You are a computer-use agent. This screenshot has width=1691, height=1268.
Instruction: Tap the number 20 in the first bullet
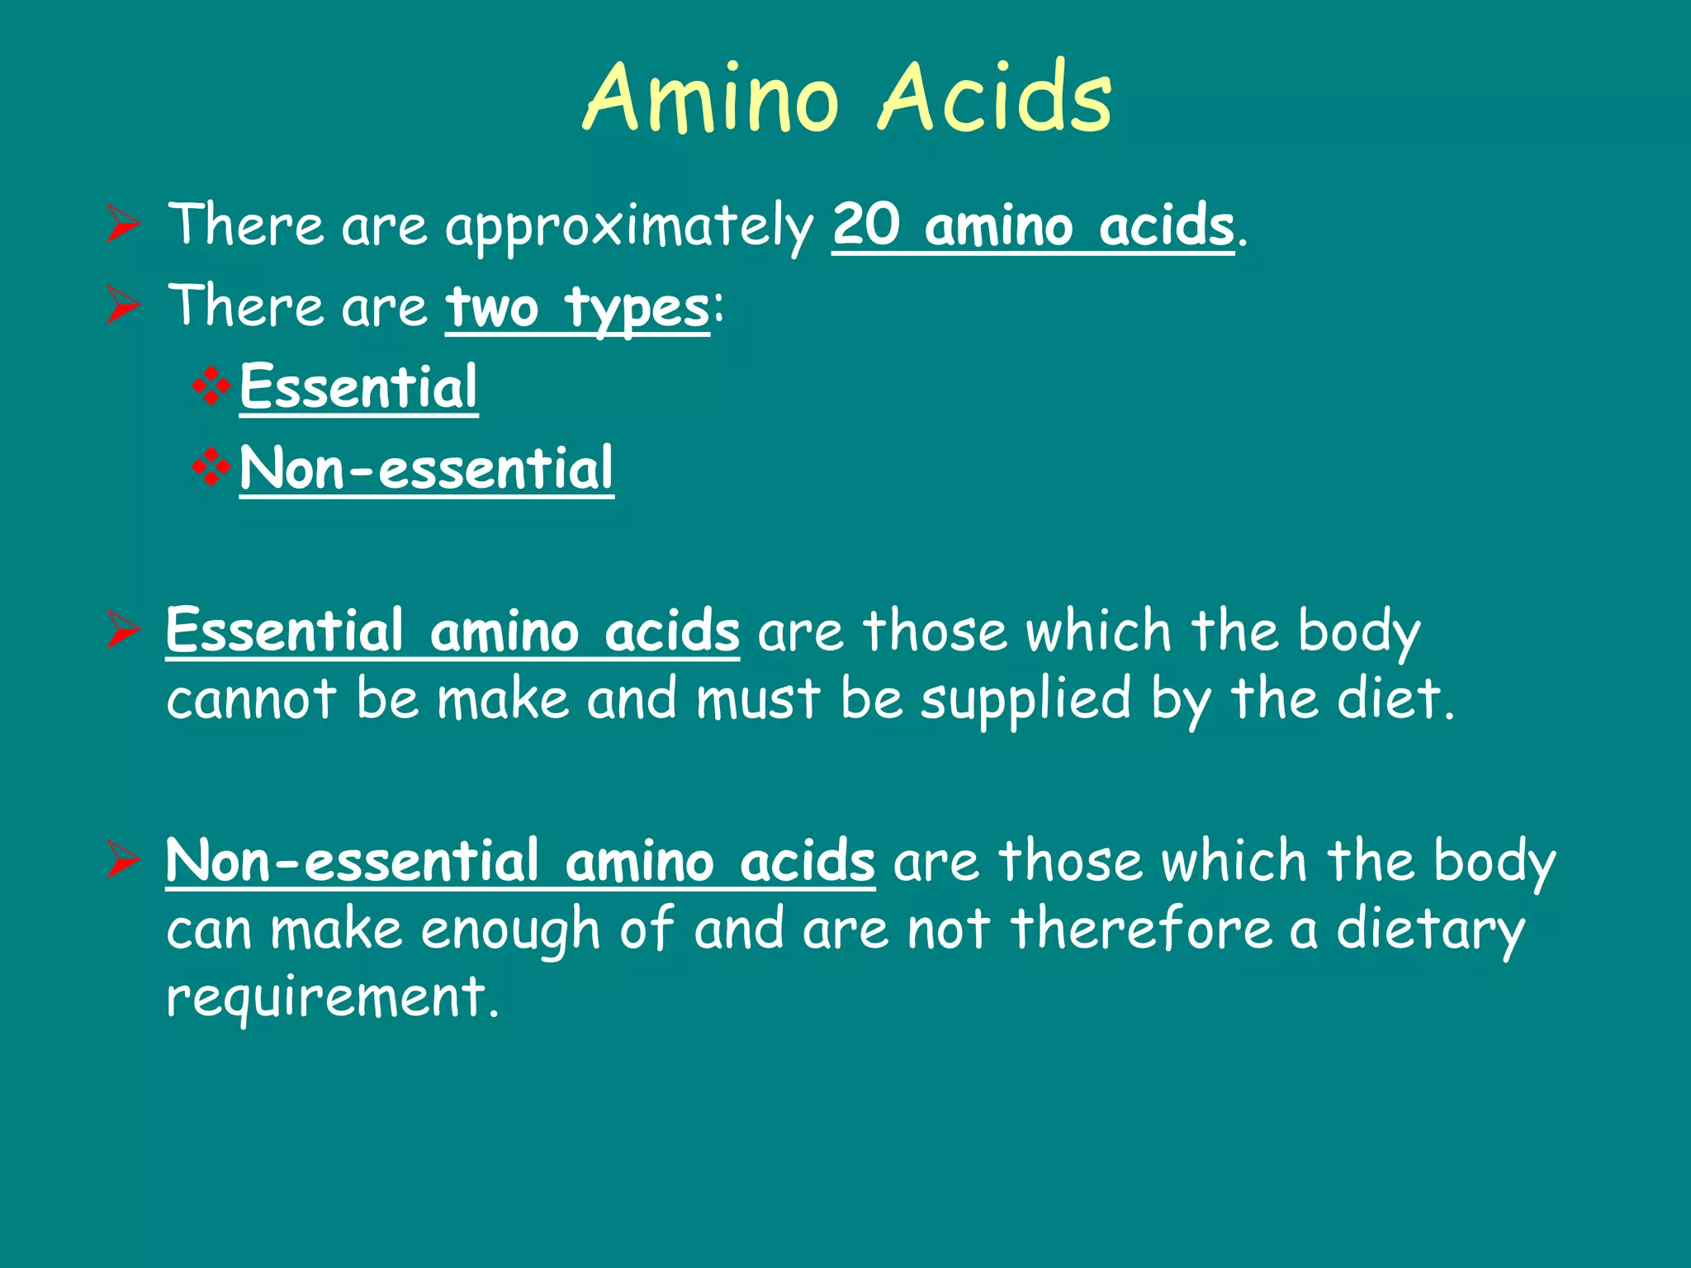point(865,225)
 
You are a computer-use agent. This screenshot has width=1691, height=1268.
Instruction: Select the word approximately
point(629,227)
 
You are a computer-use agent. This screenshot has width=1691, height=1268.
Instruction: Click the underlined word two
point(492,307)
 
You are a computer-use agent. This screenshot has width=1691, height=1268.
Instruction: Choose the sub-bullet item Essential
point(358,387)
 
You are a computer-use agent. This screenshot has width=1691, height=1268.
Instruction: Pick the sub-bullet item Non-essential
point(426,468)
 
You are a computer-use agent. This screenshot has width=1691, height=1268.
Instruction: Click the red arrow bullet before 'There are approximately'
point(123,225)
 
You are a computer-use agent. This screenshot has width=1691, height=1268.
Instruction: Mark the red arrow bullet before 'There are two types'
point(123,305)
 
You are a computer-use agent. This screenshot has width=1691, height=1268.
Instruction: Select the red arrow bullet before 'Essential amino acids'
point(123,631)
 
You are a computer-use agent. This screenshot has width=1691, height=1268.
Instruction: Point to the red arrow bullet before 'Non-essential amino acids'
point(123,860)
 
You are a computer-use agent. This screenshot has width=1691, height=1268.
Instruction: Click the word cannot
point(251,699)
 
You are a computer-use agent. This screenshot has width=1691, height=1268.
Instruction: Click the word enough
point(510,931)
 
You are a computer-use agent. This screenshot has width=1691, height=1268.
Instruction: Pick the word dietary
point(1430,931)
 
